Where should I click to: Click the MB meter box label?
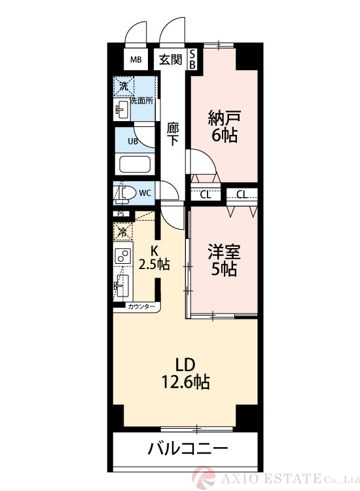135,60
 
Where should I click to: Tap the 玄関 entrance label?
171,60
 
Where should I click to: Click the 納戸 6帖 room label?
223,126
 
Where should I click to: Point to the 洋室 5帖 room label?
223,259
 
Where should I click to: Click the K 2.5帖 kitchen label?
155,257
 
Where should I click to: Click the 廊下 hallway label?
173,133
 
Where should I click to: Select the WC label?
145,192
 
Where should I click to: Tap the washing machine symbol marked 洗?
123,86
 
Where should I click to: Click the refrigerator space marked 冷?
122,231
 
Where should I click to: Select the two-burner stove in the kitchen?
122,256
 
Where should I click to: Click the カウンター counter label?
141,306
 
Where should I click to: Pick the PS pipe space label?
120,213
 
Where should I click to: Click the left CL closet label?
205,194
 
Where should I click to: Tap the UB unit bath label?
132,141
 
